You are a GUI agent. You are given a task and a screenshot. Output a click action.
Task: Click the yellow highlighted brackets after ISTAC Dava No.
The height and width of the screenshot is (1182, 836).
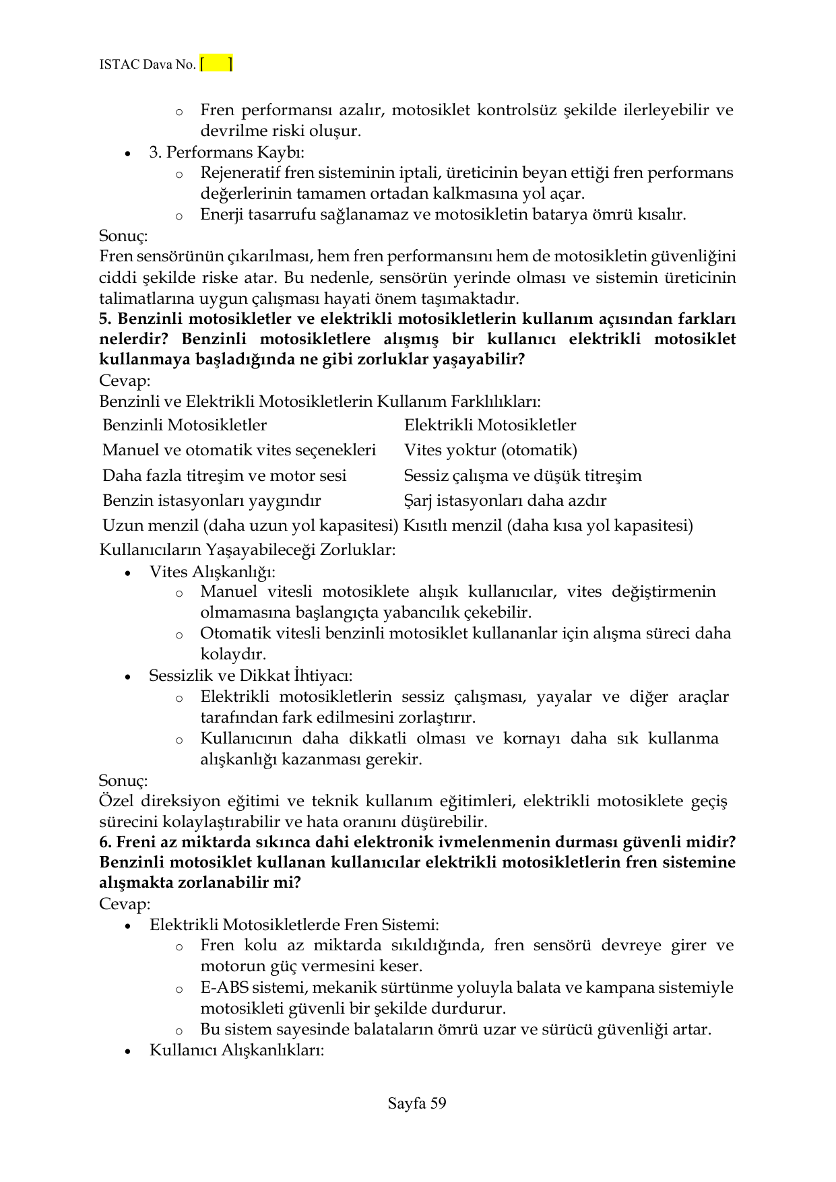click(x=216, y=65)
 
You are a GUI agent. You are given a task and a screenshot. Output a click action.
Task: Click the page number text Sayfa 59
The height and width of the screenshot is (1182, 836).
click(x=417, y=1103)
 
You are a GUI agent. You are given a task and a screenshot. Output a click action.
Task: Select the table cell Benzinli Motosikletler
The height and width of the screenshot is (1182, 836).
click(x=185, y=426)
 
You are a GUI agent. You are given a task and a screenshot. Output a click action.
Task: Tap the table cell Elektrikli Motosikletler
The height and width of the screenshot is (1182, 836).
click(x=490, y=426)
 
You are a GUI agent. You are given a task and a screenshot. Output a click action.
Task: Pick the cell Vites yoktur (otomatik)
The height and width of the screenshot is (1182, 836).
click(x=490, y=451)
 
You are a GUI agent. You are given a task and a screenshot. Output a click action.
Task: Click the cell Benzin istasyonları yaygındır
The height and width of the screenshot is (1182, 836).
click(x=212, y=501)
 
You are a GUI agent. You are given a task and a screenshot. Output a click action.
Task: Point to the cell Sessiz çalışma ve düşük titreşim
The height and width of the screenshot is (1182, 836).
click(x=522, y=476)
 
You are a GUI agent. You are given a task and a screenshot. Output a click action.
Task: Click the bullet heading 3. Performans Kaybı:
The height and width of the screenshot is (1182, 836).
click(x=226, y=152)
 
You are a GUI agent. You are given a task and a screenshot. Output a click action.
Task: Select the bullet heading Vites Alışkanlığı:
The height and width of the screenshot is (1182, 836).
click(x=212, y=572)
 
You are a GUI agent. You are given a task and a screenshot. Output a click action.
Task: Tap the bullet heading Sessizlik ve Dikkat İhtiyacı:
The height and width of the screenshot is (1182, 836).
click(x=251, y=676)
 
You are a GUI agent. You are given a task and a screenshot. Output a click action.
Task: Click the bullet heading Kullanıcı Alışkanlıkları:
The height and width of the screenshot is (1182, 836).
click(x=236, y=1051)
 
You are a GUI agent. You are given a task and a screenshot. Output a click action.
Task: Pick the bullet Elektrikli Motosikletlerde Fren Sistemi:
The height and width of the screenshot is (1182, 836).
click(x=294, y=925)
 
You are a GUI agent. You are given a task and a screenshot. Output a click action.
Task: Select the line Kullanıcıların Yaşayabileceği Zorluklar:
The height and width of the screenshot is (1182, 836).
click(x=247, y=550)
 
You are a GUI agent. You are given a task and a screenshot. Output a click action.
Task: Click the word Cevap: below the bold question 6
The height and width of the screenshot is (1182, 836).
click(x=125, y=904)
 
